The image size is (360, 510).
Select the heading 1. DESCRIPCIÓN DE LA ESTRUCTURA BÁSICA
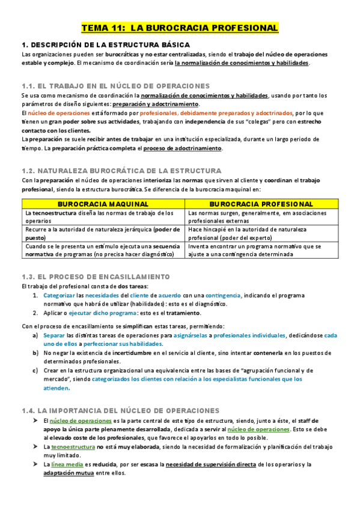(x=106, y=45)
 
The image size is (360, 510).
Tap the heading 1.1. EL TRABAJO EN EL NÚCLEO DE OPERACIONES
(x=115, y=86)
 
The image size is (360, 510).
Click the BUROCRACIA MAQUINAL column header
(x=103, y=204)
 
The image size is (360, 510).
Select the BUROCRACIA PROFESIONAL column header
(x=255, y=204)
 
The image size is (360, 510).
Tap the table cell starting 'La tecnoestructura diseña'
(x=103, y=217)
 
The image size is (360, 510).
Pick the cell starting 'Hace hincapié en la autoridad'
(x=255, y=233)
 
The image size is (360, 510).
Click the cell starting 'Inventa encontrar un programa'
(x=255, y=250)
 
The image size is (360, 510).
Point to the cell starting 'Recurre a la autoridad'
(x=103, y=233)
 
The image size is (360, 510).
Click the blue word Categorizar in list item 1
(x=60, y=296)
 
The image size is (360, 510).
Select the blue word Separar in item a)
(x=53, y=335)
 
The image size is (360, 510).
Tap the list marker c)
(x=36, y=370)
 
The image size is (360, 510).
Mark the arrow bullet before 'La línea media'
(x=35, y=464)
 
